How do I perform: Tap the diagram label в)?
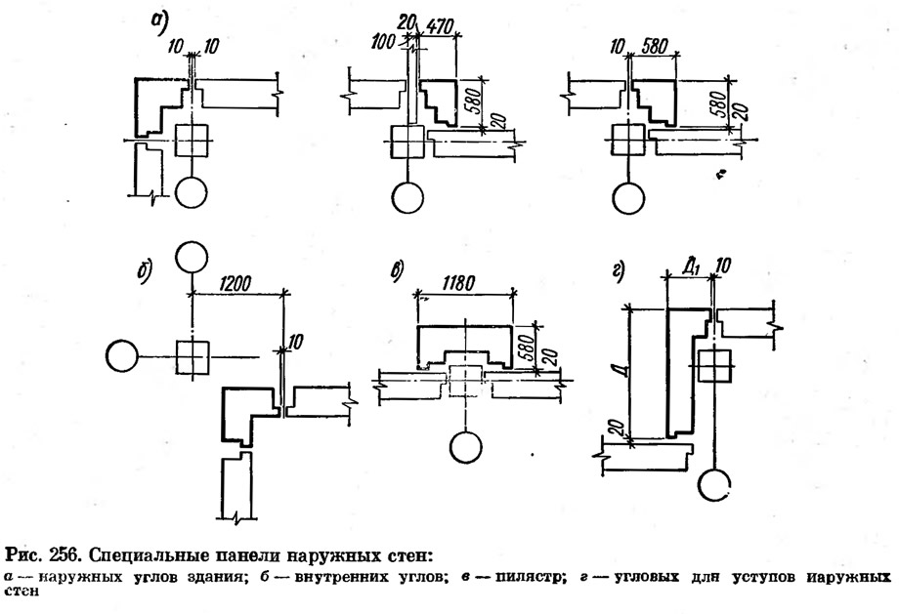tap(397, 270)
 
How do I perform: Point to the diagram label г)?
tap(618, 271)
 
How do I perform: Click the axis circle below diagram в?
tap(466, 447)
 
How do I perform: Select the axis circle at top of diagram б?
tap(192, 257)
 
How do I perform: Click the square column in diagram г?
tap(715, 365)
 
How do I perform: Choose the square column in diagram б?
tap(193, 357)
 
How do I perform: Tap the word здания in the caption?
tap(217, 577)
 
